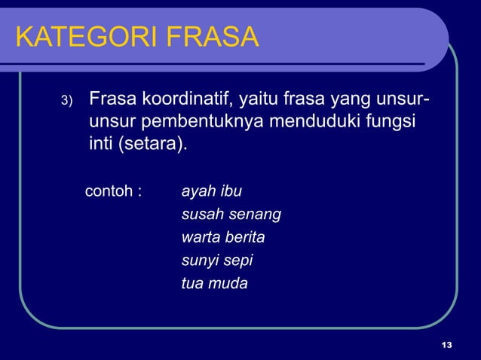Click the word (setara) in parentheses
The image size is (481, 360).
click(152, 142)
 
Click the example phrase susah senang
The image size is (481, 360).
click(231, 215)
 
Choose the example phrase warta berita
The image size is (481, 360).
click(223, 238)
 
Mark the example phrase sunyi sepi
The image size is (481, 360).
click(217, 261)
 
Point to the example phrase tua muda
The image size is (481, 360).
click(215, 284)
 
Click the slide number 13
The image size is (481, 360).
click(447, 346)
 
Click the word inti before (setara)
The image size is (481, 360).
click(100, 142)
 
